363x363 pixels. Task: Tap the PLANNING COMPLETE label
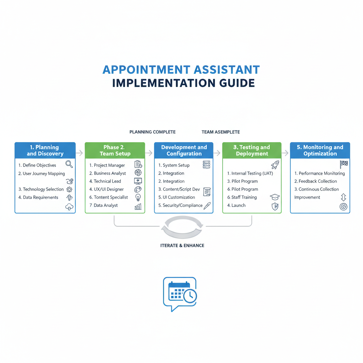coord(152,132)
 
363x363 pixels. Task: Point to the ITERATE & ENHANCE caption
coord(182,245)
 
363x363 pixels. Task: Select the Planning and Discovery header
coord(45,150)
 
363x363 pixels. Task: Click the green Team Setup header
coord(115,150)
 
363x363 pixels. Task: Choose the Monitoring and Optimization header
coord(320,150)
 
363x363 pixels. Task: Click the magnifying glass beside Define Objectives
coord(69,164)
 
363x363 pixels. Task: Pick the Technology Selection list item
coord(41,189)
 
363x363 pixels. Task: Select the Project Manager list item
coord(107,165)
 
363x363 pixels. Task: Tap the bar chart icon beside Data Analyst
coord(138,206)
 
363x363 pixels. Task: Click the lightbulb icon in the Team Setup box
coord(138,197)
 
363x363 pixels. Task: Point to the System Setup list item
coord(174,165)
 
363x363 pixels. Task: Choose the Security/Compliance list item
coord(180,205)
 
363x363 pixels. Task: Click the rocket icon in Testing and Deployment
coord(275,164)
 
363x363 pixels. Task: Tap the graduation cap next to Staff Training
coord(275,197)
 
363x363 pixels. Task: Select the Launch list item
coord(236,205)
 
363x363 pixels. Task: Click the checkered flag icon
coord(344,164)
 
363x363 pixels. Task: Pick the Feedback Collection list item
coord(315,181)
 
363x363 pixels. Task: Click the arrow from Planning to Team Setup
coord(80,153)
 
